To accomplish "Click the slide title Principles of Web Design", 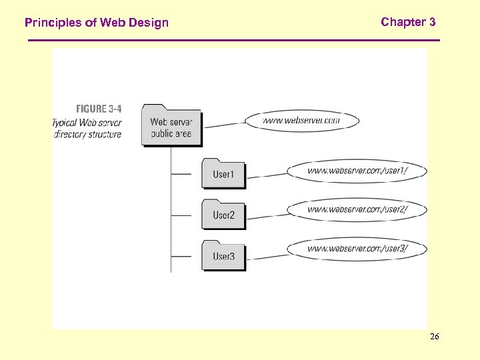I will click(97, 23).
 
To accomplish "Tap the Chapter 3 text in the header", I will click(408, 22).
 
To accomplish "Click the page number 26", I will click(434, 337).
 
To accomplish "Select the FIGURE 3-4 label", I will click(99, 109).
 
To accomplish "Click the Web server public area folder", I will click(171, 127).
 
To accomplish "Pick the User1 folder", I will click(223, 174).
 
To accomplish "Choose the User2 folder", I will click(223, 215).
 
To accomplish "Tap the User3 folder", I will click(223, 256).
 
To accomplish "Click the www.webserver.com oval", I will click(301, 121).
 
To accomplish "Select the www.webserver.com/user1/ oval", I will click(357, 171).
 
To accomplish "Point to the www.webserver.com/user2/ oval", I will click(357, 209).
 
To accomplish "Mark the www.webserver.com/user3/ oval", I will click(357, 249).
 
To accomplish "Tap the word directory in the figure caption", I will click(69, 134).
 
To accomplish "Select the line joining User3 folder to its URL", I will click(267, 255).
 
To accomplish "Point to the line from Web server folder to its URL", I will click(223, 124).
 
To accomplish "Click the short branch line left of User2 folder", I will click(181, 215).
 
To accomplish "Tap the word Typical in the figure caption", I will click(65, 122).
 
